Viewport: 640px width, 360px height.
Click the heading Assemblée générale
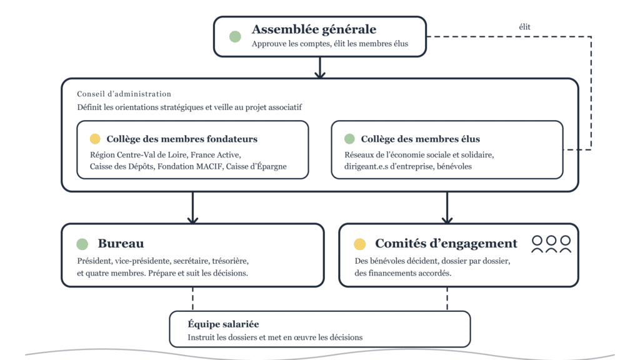tap(314, 29)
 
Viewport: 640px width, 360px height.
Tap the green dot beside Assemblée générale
tap(235, 37)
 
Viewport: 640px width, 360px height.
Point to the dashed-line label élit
tap(524, 27)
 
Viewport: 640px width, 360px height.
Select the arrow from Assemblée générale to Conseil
tap(320, 67)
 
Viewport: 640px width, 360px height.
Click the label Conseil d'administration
tap(124, 94)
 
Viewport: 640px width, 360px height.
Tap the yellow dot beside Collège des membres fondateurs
tap(95, 139)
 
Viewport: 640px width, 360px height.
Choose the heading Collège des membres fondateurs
tap(182, 139)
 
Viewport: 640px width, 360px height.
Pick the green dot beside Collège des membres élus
tap(349, 139)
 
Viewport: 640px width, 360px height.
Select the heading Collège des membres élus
tap(421, 139)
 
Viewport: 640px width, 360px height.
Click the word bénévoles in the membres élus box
tap(454, 166)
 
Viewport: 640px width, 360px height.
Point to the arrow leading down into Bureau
tap(192, 207)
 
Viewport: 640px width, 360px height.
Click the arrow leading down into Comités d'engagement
tap(447, 207)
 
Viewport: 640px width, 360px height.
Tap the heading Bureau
tap(121, 244)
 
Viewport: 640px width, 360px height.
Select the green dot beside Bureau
tap(82, 244)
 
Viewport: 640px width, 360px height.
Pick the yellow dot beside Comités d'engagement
tap(359, 244)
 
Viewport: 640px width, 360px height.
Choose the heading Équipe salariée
tap(223, 324)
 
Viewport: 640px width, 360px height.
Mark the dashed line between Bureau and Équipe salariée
tap(192, 299)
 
